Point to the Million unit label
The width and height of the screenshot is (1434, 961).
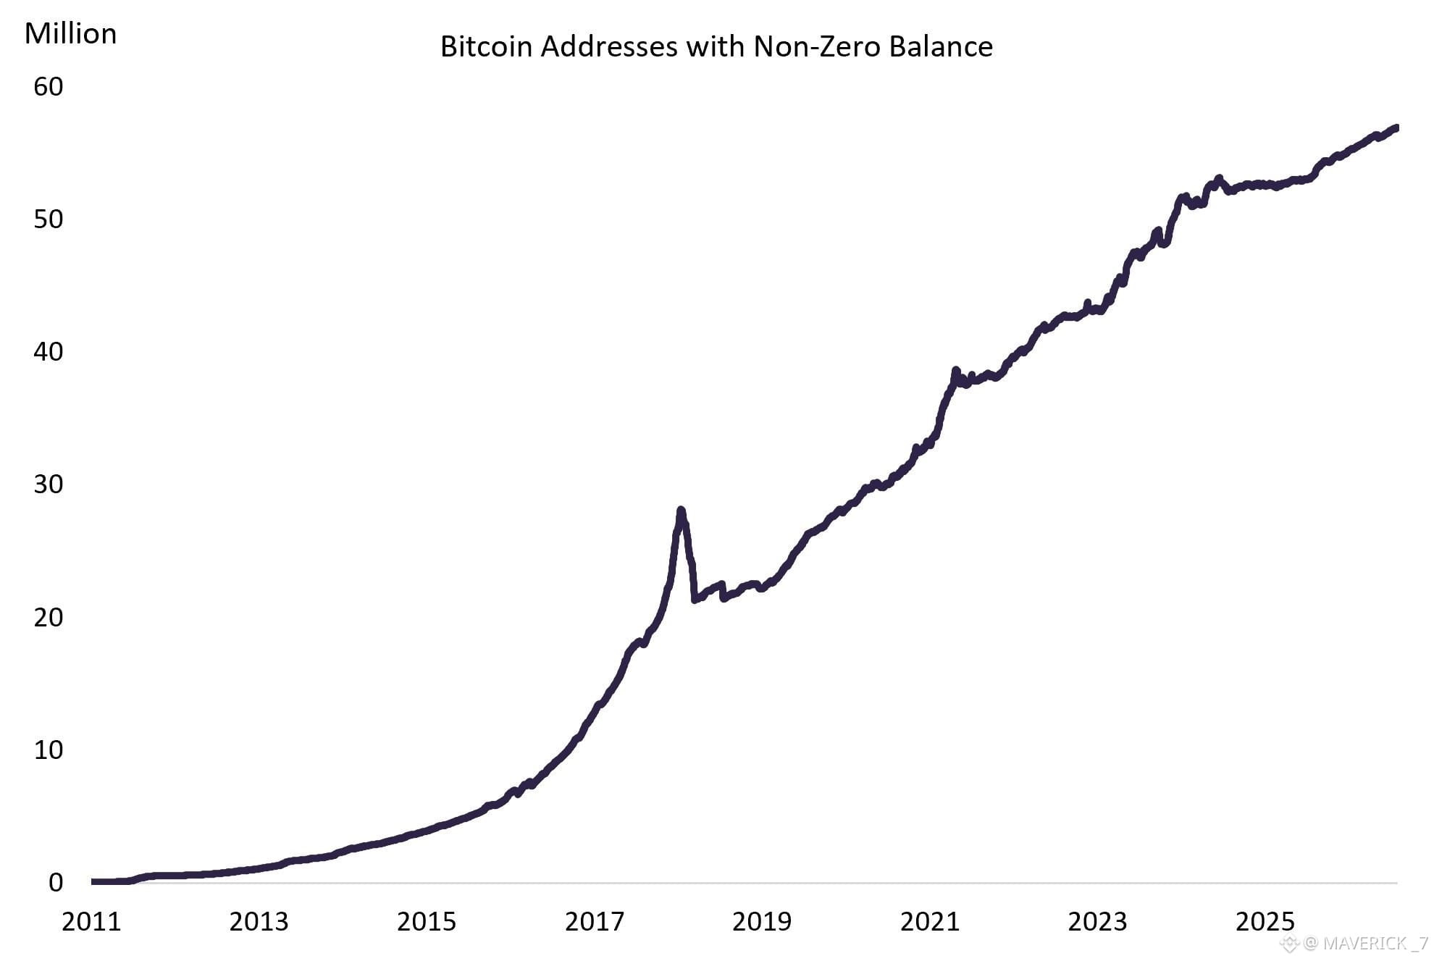click(70, 33)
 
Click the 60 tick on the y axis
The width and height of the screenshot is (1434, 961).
click(49, 87)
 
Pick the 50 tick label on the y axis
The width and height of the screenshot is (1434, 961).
click(49, 219)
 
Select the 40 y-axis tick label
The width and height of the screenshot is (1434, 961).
click(49, 352)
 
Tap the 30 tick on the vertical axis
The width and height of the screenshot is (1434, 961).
click(49, 484)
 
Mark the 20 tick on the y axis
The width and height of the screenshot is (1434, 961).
click(49, 617)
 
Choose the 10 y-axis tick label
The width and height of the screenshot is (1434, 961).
click(49, 750)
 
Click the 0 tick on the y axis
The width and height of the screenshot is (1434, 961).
click(56, 882)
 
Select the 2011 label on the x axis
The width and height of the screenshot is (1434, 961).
click(91, 921)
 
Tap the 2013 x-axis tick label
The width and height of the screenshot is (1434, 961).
click(259, 921)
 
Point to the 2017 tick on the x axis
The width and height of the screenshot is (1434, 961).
click(595, 921)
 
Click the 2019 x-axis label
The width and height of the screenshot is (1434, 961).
click(762, 921)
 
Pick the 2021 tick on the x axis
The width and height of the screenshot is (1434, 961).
click(930, 921)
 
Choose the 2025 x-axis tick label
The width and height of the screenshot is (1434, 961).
click(1265, 921)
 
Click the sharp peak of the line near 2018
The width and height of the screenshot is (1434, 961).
click(681, 510)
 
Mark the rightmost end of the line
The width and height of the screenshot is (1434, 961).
click(1396, 128)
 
